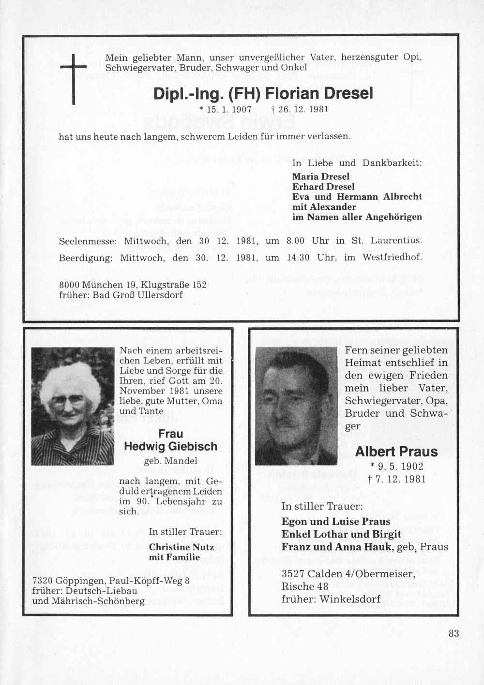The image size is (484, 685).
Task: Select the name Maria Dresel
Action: pos(320,176)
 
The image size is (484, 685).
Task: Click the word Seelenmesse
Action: pos(88,240)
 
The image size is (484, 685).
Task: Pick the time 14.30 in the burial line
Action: pos(298,258)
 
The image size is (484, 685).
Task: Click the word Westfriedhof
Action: pos(392,258)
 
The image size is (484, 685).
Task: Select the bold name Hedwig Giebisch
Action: pos(170,447)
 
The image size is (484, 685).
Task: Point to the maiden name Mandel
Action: pos(180,461)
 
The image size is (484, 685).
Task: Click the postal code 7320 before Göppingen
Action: pos(42,581)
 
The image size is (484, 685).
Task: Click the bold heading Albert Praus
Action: pos(396,452)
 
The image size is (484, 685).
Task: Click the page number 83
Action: pos(454,633)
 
